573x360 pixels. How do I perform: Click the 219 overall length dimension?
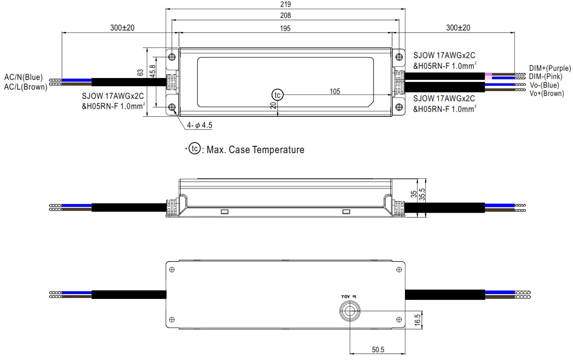pyautogui.click(x=285, y=3)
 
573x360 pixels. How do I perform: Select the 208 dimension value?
pyautogui.click(x=285, y=16)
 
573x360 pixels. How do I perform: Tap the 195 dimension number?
pyautogui.click(x=285, y=29)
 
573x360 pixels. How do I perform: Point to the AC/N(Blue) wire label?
pyautogui.click(x=23, y=77)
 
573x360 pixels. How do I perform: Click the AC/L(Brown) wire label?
pyautogui.click(x=25, y=87)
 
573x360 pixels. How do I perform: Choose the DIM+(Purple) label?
pyautogui.click(x=549, y=69)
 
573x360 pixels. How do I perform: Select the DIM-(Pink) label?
pyautogui.click(x=545, y=77)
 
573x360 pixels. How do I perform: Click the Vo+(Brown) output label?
pyautogui.click(x=546, y=94)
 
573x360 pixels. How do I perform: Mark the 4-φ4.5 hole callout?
pyautogui.click(x=200, y=125)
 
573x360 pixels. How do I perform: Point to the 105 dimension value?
pyautogui.click(x=335, y=91)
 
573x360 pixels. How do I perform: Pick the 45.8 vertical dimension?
pyautogui.click(x=152, y=71)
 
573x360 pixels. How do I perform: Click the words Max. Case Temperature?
pyautogui.click(x=255, y=150)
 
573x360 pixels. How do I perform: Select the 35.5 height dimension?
pyautogui.click(x=422, y=194)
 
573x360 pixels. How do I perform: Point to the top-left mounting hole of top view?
pyautogui.click(x=172, y=57)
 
